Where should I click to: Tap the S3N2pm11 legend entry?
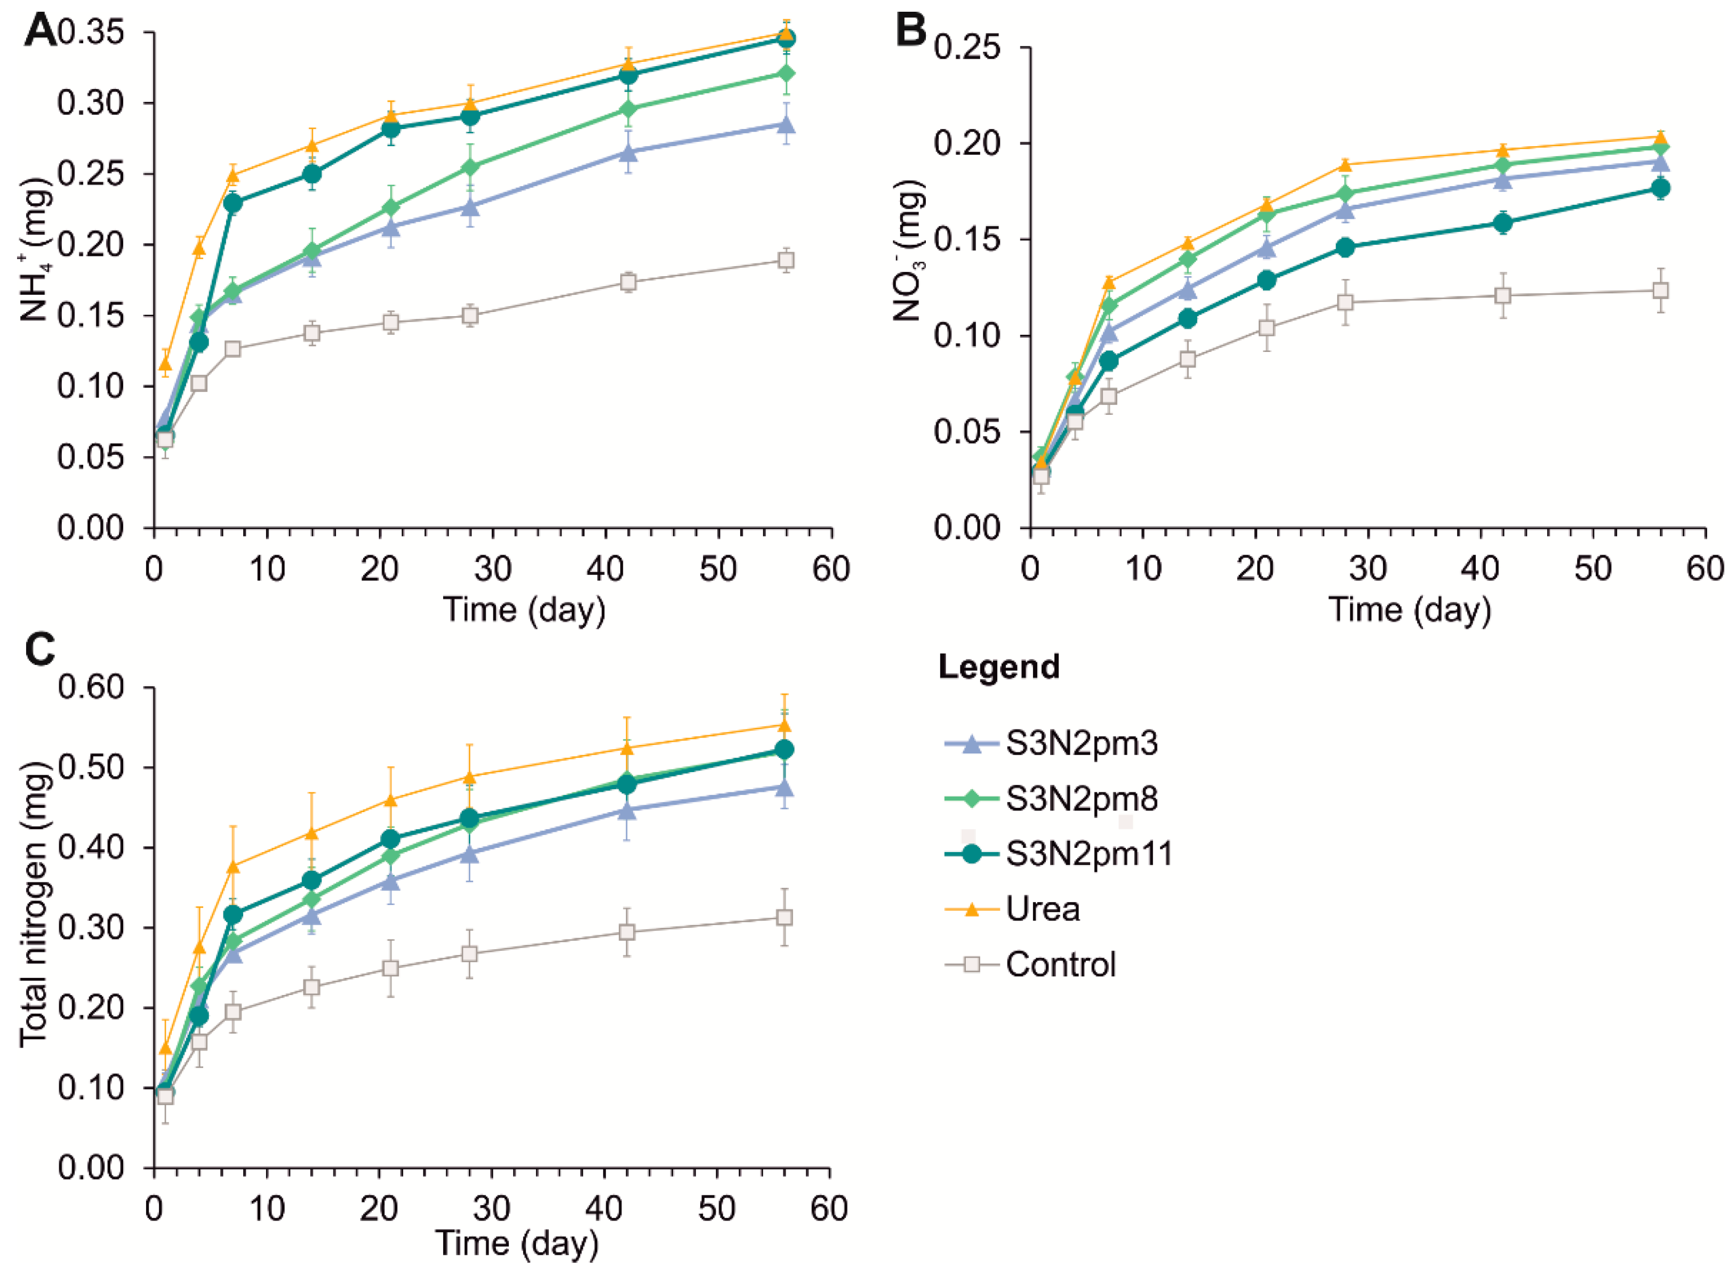pyautogui.click(x=1059, y=854)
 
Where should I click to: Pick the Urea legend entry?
pyautogui.click(x=1012, y=909)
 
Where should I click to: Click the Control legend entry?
pyautogui.click(x=1030, y=964)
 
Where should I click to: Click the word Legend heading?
pyautogui.click(x=999, y=667)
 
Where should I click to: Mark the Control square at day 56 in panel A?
pyautogui.click(x=786, y=260)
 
